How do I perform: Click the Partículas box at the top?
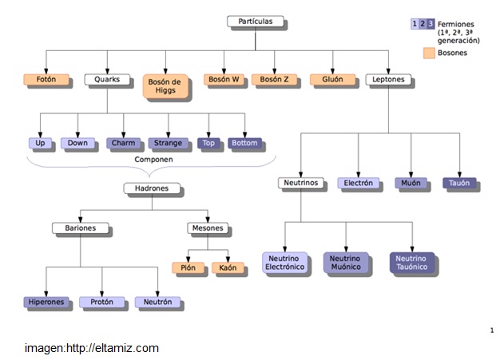click(x=255, y=22)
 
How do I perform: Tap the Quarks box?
click(x=106, y=80)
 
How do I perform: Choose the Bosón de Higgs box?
click(x=166, y=85)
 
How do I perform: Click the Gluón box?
click(x=332, y=80)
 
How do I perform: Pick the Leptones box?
click(x=389, y=80)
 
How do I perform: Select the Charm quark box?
click(x=124, y=144)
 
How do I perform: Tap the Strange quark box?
click(x=169, y=144)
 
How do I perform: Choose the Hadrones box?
click(x=151, y=188)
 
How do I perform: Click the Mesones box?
click(x=208, y=227)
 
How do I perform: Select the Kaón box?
click(x=228, y=268)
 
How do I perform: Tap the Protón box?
click(x=101, y=303)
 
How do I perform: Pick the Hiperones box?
click(x=46, y=303)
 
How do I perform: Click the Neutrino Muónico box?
click(x=346, y=263)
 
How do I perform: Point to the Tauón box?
click(x=459, y=183)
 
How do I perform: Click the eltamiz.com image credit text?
click(x=91, y=348)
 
